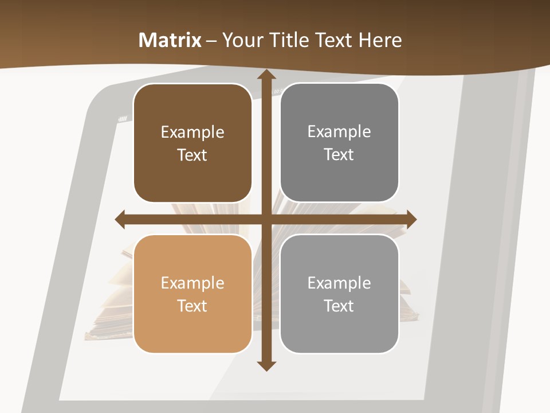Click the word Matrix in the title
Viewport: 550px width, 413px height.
click(x=170, y=40)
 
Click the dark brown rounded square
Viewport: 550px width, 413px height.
click(x=192, y=143)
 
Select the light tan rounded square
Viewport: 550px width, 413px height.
click(x=192, y=294)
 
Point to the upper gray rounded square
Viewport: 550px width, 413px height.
click(x=339, y=143)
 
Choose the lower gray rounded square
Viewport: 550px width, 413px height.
click(x=339, y=294)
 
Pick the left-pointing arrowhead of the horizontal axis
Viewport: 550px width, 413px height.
click(x=120, y=220)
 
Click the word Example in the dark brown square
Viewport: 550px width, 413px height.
click(x=192, y=133)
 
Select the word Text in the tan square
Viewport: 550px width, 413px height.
click(x=192, y=306)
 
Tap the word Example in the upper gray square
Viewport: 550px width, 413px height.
click(x=339, y=132)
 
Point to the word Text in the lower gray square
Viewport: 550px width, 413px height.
click(x=339, y=306)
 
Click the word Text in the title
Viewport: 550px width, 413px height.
click(x=333, y=40)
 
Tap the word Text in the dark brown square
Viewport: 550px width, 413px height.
click(x=192, y=155)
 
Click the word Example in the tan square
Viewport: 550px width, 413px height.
click(x=192, y=283)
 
